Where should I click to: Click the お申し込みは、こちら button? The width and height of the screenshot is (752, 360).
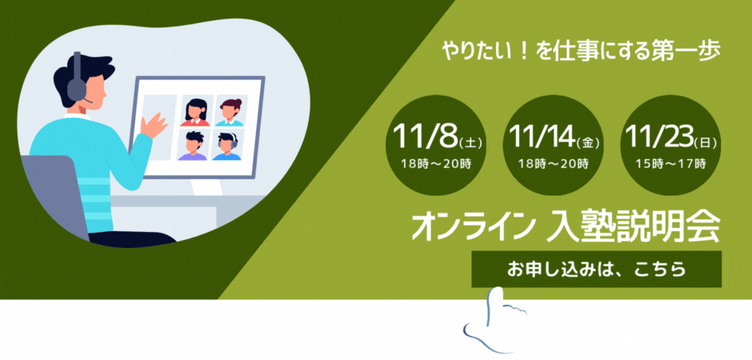(596, 269)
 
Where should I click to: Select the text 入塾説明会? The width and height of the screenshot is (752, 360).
(631, 227)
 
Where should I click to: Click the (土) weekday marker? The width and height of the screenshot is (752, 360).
(470, 143)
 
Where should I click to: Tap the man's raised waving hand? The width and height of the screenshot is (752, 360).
(152, 124)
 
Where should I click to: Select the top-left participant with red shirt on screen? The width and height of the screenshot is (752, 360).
(195, 113)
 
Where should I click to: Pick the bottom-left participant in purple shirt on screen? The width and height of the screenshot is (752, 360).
(193, 146)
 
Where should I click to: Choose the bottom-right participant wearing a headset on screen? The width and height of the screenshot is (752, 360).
(228, 146)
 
